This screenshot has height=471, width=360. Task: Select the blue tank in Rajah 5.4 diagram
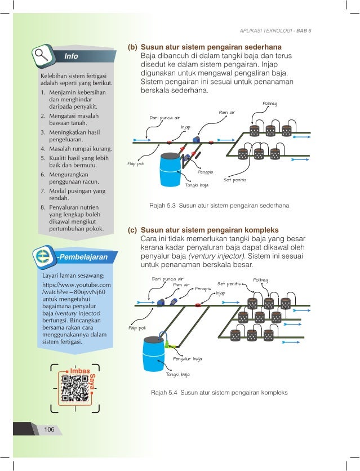coord(154,353)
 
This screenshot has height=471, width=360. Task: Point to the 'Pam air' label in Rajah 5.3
coord(226,113)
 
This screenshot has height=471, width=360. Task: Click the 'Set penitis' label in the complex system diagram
coord(229,283)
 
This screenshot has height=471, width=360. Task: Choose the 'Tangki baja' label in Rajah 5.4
coord(177,374)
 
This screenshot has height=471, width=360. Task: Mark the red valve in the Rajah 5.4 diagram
coord(198,304)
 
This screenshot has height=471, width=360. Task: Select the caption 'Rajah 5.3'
coord(162,206)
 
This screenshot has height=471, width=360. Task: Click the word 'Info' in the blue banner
coord(71,56)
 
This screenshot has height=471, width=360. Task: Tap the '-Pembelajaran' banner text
coord(81,257)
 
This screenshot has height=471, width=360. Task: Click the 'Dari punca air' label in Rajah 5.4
coord(167,278)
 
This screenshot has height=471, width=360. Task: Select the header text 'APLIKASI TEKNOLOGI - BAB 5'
coord(275,30)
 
